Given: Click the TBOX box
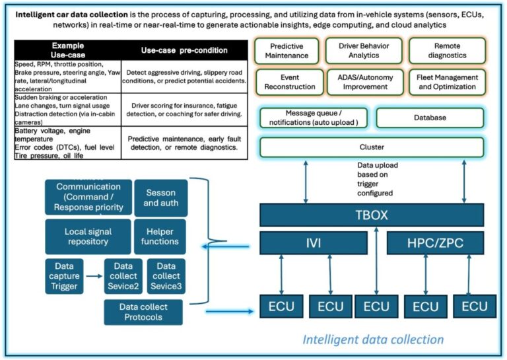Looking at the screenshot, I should click(371, 215).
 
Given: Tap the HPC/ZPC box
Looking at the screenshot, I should click(434, 243).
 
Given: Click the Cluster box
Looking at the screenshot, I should click(371, 147).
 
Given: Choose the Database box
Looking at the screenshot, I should click(430, 118).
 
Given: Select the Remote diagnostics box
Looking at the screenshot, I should click(446, 51).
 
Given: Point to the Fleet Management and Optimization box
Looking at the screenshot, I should click(446, 82).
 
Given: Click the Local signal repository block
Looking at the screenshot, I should click(88, 236).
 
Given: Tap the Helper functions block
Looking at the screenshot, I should click(160, 236).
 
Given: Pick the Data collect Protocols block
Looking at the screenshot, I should click(143, 312).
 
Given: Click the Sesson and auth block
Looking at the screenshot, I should click(160, 198).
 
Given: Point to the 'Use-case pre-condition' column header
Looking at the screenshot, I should click(183, 50).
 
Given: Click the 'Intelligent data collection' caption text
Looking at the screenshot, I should click(373, 340).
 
